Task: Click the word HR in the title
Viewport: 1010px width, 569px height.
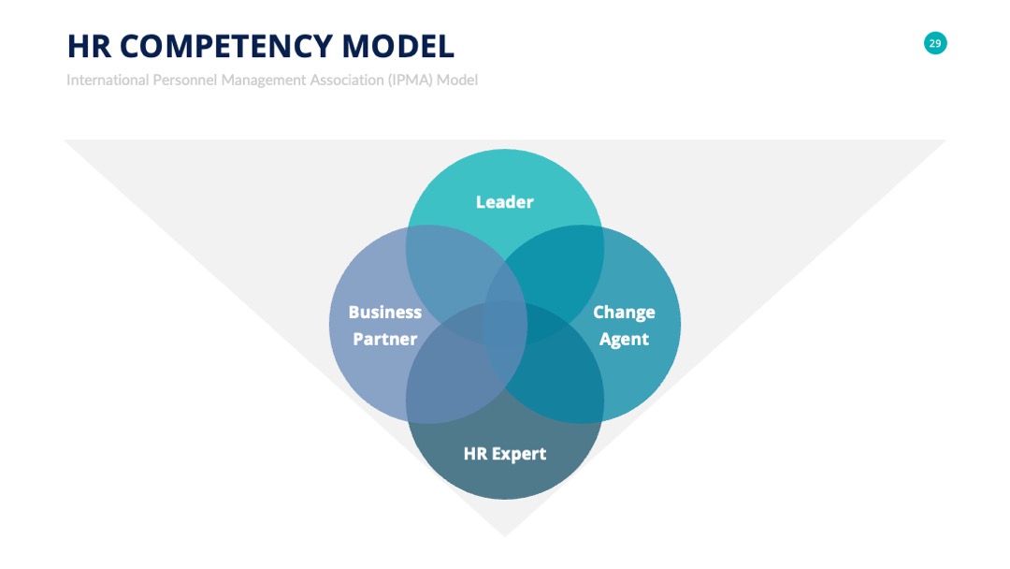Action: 89,47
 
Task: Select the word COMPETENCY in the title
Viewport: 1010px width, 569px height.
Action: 225,47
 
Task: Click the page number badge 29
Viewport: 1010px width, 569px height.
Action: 935,43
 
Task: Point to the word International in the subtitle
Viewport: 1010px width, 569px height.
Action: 108,80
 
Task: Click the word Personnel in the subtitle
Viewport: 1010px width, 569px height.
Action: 185,80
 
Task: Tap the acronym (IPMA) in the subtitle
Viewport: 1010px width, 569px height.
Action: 411,80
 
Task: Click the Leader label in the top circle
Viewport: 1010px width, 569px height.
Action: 505,202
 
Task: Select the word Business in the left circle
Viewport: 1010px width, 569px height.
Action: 385,312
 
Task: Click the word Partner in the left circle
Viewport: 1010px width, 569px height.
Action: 385,339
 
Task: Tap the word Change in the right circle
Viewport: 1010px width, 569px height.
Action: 624,313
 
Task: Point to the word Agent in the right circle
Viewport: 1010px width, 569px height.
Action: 624,340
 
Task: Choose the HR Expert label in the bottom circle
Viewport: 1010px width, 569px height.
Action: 505,454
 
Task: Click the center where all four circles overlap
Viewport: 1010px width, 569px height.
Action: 505,324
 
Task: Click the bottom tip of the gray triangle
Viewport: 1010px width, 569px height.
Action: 505,536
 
